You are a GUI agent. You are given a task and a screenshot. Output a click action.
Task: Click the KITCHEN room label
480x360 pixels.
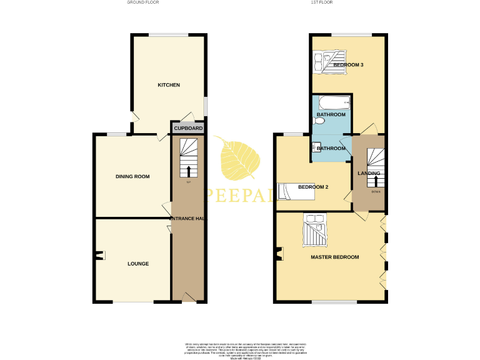169,85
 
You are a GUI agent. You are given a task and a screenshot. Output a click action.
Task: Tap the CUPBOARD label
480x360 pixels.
188,128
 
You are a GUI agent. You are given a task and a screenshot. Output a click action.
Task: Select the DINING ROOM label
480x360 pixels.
132,177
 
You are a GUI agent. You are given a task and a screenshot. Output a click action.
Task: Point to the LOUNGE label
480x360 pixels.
138,264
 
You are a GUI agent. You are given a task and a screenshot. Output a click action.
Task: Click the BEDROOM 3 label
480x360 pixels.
348,65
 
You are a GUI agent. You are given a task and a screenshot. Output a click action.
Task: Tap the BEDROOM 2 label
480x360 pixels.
313,187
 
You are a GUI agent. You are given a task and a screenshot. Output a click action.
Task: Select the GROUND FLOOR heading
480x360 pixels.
142,3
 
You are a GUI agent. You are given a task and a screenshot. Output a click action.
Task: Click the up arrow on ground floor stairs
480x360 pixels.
189,170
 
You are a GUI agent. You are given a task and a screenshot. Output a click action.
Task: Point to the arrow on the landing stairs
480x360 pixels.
376,181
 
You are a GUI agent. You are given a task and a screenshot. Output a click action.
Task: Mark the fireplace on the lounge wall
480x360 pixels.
99,254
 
